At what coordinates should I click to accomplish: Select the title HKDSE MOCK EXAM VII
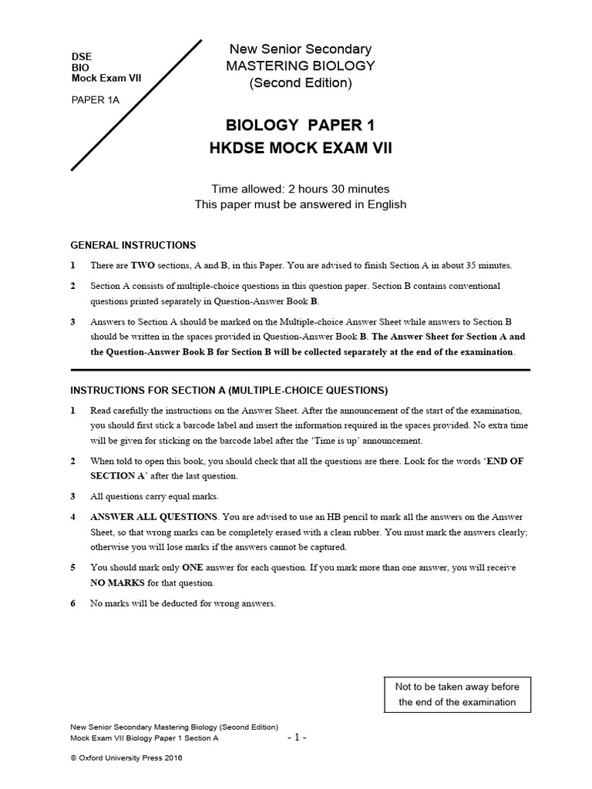[x=300, y=148]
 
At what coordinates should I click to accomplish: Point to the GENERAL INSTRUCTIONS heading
[x=133, y=245]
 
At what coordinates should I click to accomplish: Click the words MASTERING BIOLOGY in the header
[x=300, y=66]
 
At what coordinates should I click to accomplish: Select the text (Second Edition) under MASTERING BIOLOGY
[x=300, y=83]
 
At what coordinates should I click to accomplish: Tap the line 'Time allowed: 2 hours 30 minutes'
[x=300, y=189]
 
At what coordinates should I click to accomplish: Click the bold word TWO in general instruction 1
[x=143, y=266]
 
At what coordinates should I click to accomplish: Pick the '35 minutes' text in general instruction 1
[x=487, y=266]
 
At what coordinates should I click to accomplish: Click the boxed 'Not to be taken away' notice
[x=457, y=694]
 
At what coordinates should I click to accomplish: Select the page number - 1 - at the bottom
[x=298, y=737]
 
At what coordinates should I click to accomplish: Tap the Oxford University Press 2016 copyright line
[x=126, y=757]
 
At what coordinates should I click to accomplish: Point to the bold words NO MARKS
[x=117, y=583]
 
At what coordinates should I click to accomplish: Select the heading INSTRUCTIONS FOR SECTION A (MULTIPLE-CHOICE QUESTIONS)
[x=230, y=389]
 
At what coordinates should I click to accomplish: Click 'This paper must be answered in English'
[x=300, y=205]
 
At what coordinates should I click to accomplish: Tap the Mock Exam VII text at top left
[x=106, y=78]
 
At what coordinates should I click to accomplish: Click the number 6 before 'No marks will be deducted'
[x=73, y=603]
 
